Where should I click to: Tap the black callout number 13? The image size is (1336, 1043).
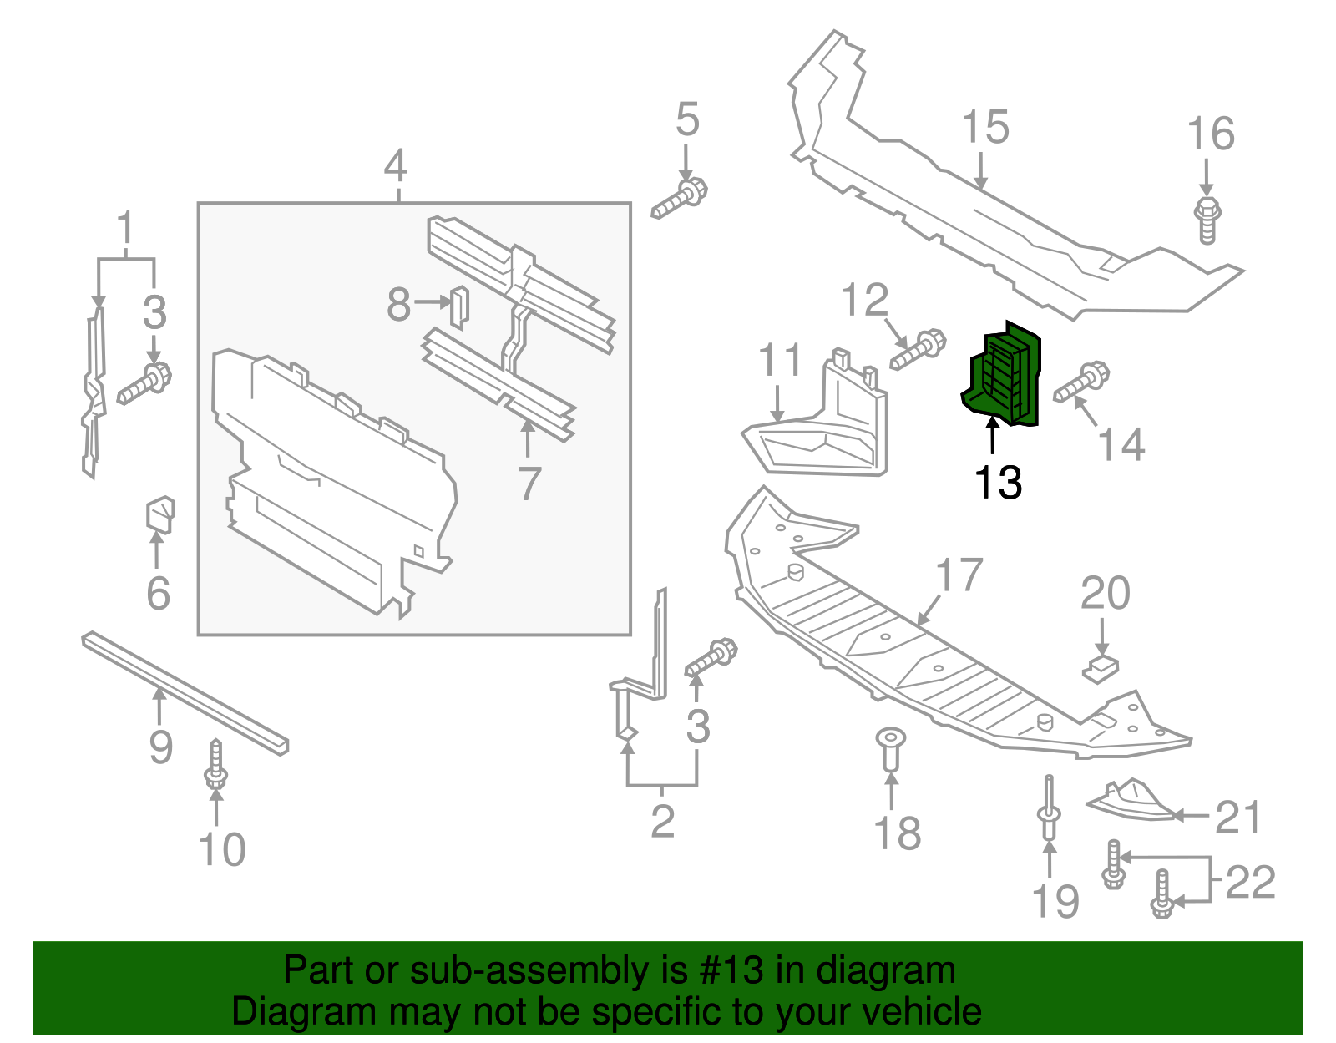pyautogui.click(x=998, y=482)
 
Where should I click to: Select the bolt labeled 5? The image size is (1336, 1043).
pyautogui.click(x=680, y=198)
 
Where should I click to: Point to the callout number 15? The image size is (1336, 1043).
pyautogui.click(x=984, y=128)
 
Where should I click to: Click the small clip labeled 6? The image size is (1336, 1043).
pyautogui.click(x=160, y=514)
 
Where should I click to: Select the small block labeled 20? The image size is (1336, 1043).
pyautogui.click(x=1101, y=668)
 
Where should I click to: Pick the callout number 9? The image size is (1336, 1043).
pyautogui.click(x=160, y=746)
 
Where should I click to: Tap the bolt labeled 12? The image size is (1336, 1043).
pyautogui.click(x=918, y=350)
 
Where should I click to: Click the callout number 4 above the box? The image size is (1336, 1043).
pyautogui.click(x=396, y=166)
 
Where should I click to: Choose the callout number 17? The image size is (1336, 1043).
pyautogui.click(x=959, y=575)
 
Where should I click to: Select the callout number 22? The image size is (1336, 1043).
pyautogui.click(x=1250, y=882)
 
